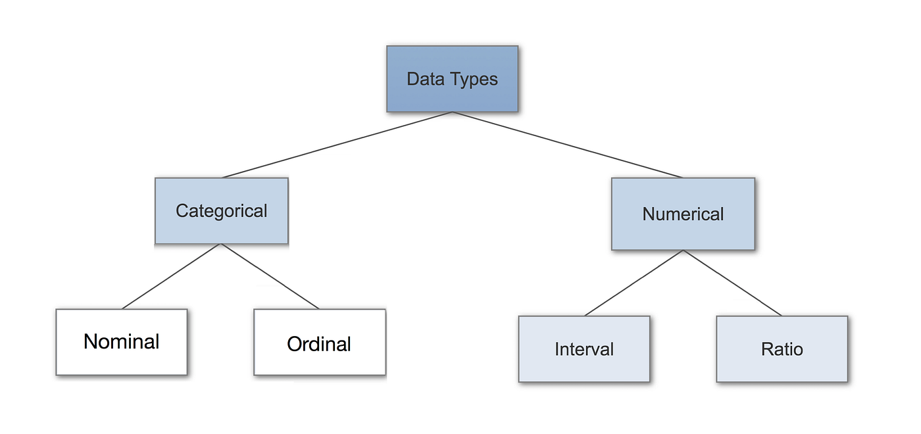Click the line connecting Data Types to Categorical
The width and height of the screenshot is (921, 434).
coord(337,145)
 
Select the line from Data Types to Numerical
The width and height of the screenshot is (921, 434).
coord(568,145)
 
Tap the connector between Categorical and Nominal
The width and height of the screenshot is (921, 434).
coord(172,276)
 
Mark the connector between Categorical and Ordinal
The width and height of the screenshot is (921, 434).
coord(270,276)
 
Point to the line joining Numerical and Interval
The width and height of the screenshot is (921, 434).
coord(634,283)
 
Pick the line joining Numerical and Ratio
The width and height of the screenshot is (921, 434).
coord(732,283)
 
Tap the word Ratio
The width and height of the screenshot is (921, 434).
coord(782,349)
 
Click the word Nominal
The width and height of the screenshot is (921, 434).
coord(122,342)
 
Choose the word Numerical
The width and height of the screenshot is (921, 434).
coord(683,214)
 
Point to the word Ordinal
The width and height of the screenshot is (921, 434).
coord(320,344)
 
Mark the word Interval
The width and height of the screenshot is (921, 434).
coord(584,349)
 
